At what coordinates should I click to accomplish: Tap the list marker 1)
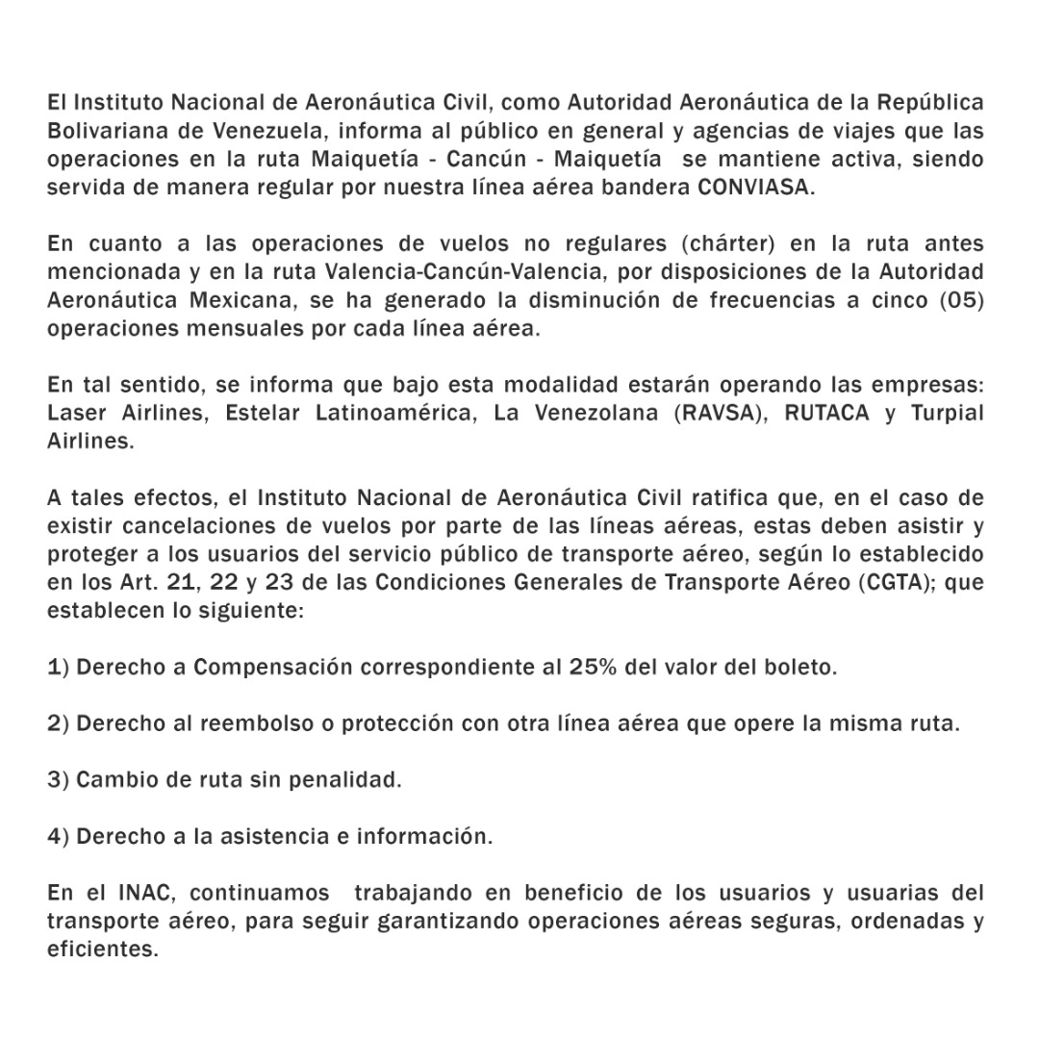pyautogui.click(x=58, y=667)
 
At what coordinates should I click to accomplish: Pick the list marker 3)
pyautogui.click(x=58, y=779)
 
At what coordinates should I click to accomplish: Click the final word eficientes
pyautogui.click(x=102, y=949)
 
